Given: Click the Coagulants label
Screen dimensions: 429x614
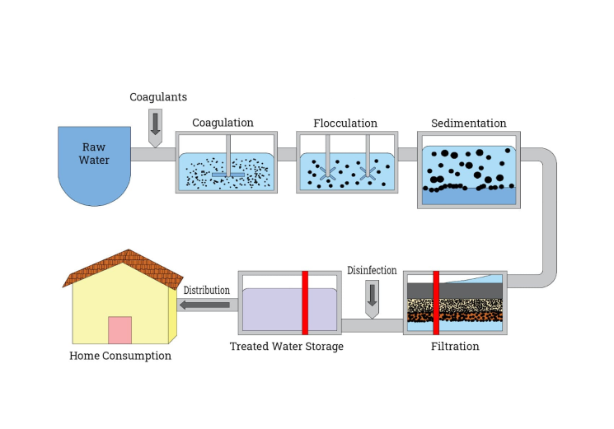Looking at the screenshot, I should coord(158,97).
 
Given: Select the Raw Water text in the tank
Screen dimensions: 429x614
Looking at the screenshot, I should coord(94,154).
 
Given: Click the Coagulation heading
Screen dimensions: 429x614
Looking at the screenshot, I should coord(223,123).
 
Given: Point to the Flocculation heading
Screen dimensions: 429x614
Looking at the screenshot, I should coord(344,123).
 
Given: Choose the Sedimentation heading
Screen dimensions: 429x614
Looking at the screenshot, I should coord(468,123).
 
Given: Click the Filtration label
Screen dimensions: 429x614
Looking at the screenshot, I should coord(455,346).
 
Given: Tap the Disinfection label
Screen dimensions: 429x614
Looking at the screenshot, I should coord(372,270).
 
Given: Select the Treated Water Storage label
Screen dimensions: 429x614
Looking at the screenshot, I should coord(286,346).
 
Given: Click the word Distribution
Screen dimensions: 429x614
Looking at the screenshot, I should coord(206,290).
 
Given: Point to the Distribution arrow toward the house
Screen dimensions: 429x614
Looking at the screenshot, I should coord(204,305).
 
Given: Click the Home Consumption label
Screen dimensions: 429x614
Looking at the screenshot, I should coord(120,356).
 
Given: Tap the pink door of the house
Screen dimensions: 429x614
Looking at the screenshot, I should coord(120,329).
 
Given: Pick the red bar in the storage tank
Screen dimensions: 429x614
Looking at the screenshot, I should coord(304,302).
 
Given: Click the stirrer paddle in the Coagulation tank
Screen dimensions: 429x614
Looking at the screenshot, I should coord(227,175).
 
